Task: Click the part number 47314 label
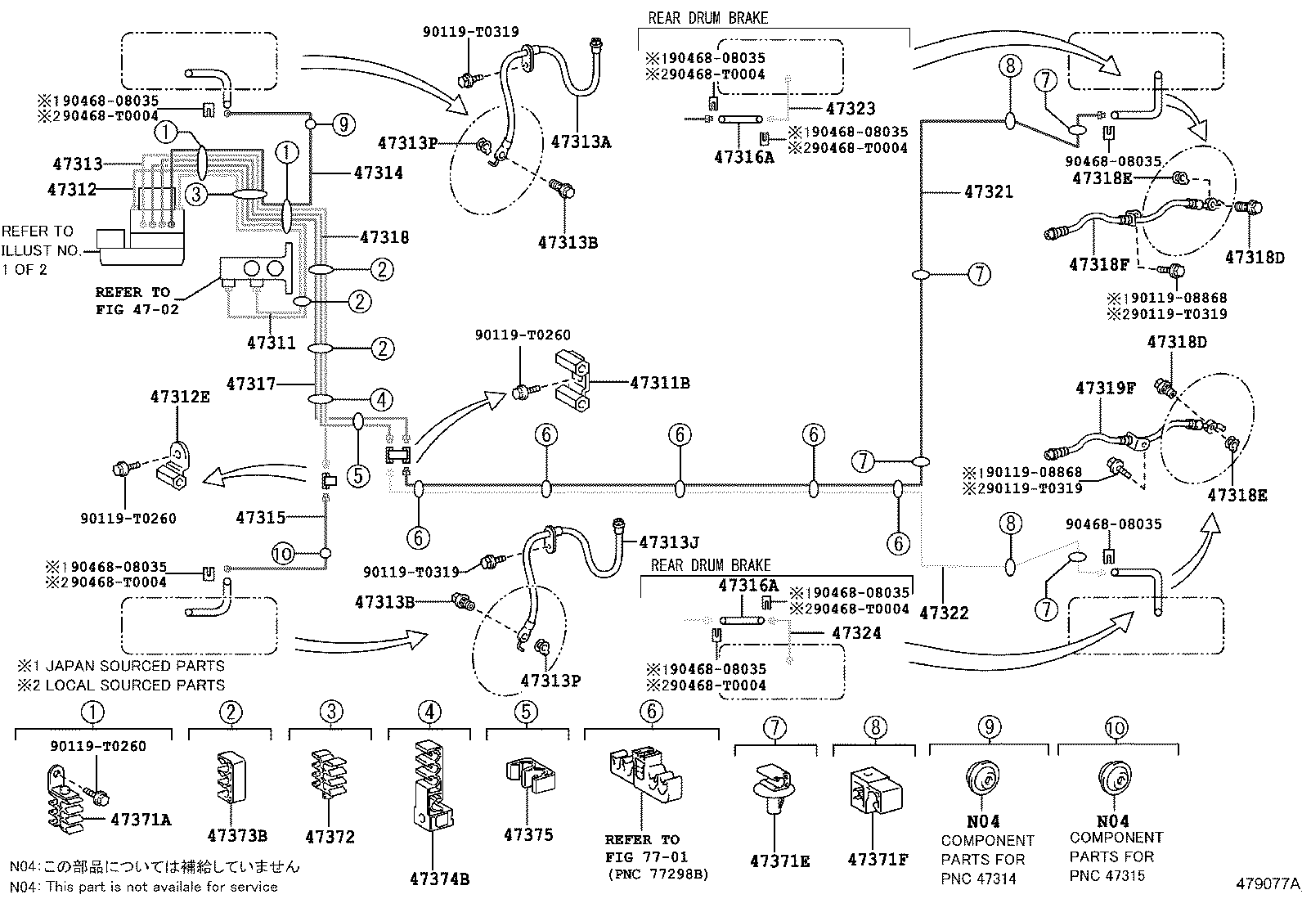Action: (379, 173)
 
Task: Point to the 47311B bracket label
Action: (659, 382)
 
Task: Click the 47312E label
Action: (179, 397)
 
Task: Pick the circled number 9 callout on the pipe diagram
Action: (343, 124)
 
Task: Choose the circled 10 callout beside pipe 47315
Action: (283, 554)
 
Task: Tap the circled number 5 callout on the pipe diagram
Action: (357, 475)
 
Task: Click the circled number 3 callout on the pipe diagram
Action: (196, 195)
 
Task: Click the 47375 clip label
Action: (528, 834)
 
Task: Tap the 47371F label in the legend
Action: (878, 860)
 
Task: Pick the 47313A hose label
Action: (581, 142)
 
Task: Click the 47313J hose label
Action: (668, 542)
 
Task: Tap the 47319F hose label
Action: (1105, 389)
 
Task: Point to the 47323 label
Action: (851, 108)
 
